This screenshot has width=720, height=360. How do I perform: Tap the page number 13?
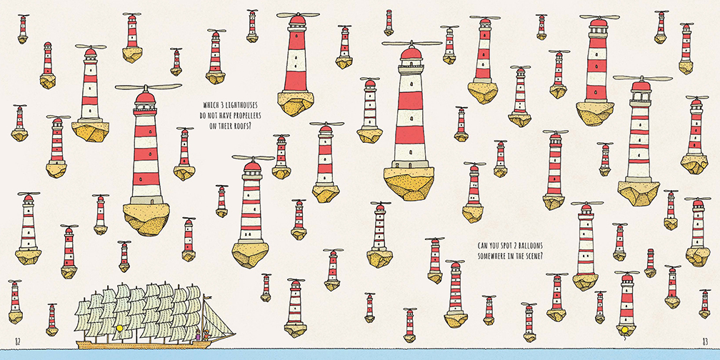705,341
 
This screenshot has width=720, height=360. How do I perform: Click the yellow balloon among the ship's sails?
121,329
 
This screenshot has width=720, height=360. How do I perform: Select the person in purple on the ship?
199,335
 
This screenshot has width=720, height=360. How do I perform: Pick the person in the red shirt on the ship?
206,335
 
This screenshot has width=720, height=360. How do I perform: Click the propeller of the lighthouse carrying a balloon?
627,272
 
